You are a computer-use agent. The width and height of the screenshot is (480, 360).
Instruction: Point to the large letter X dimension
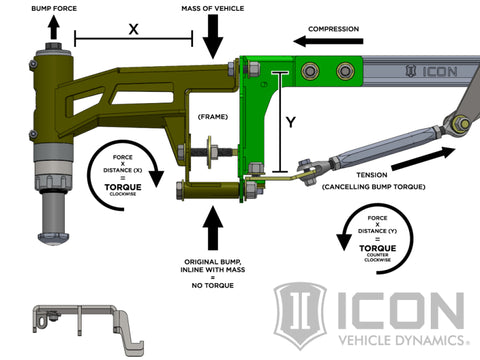tap(133, 30)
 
